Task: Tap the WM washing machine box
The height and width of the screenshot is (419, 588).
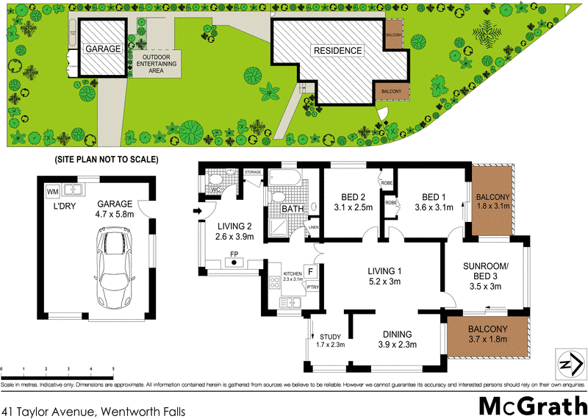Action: [52, 192]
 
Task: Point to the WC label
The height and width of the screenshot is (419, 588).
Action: [215, 190]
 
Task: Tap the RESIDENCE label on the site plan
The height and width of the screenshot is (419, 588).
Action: [338, 51]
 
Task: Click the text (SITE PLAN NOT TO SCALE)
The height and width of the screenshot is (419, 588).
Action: [107, 160]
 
